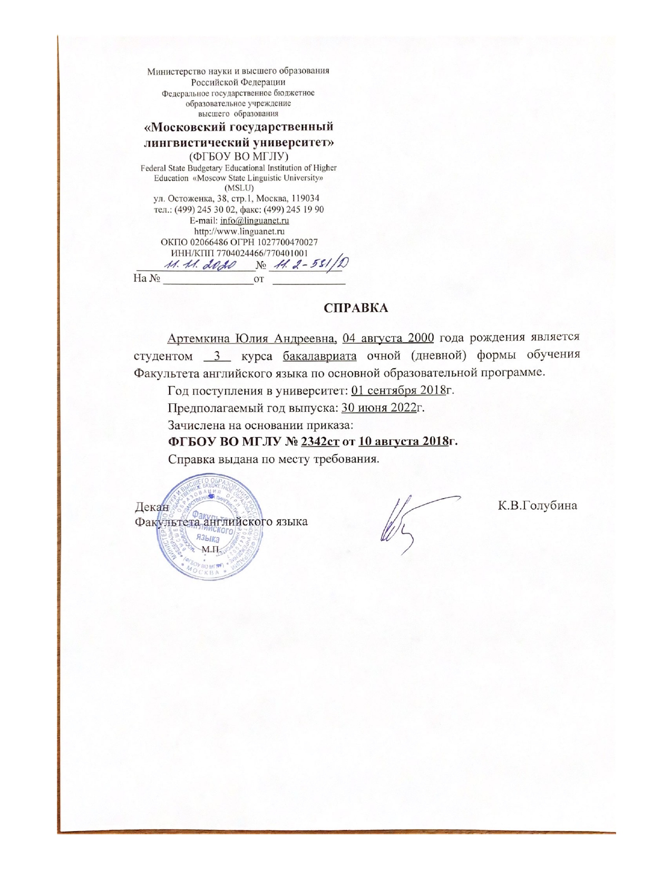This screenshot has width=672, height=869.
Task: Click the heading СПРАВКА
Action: pyautogui.click(x=355, y=308)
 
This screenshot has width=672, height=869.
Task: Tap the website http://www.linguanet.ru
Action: pyautogui.click(x=239, y=231)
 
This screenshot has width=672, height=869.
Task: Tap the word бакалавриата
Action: pyautogui.click(x=319, y=355)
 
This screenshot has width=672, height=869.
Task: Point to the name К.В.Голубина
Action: pyautogui.click(x=538, y=506)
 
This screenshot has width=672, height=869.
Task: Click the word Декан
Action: pyautogui.click(x=152, y=507)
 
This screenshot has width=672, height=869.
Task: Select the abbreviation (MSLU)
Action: pyautogui.click(x=239, y=188)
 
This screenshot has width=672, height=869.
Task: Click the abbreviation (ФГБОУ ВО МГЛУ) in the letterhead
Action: pyautogui.click(x=239, y=156)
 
